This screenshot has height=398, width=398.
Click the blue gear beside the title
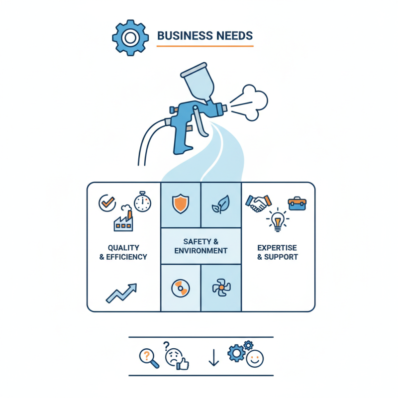click(x=130, y=38)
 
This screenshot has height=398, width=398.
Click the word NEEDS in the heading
click(x=234, y=36)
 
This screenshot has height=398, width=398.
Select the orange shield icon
click(x=181, y=203)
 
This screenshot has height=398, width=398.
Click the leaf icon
click(x=221, y=204)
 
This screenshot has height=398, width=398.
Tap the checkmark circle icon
click(x=107, y=203)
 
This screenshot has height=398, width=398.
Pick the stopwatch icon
click(x=142, y=202)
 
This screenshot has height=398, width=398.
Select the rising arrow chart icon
click(x=121, y=293)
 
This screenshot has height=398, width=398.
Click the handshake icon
click(x=258, y=203)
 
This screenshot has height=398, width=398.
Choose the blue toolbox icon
click(x=297, y=203)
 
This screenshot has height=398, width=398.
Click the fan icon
click(x=221, y=288)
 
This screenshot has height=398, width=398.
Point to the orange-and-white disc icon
click(x=181, y=289)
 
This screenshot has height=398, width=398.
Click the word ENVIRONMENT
click(x=201, y=251)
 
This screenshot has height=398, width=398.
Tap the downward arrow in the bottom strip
click(x=214, y=358)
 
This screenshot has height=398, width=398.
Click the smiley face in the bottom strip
click(x=255, y=359)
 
